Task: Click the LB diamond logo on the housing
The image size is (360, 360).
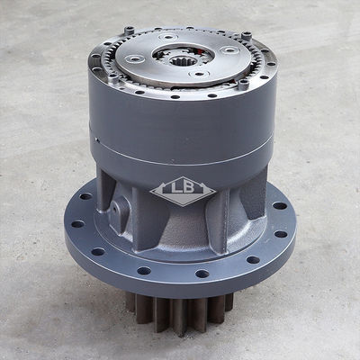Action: (183, 191)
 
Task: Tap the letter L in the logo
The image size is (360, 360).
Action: (175, 187)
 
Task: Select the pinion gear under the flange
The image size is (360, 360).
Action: (180, 312)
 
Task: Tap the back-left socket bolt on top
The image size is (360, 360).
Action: (129, 31)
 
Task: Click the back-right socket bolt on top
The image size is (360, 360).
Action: (247, 35)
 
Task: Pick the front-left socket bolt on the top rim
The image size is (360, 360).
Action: (113, 78)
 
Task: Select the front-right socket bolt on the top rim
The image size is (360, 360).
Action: (244, 84)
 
